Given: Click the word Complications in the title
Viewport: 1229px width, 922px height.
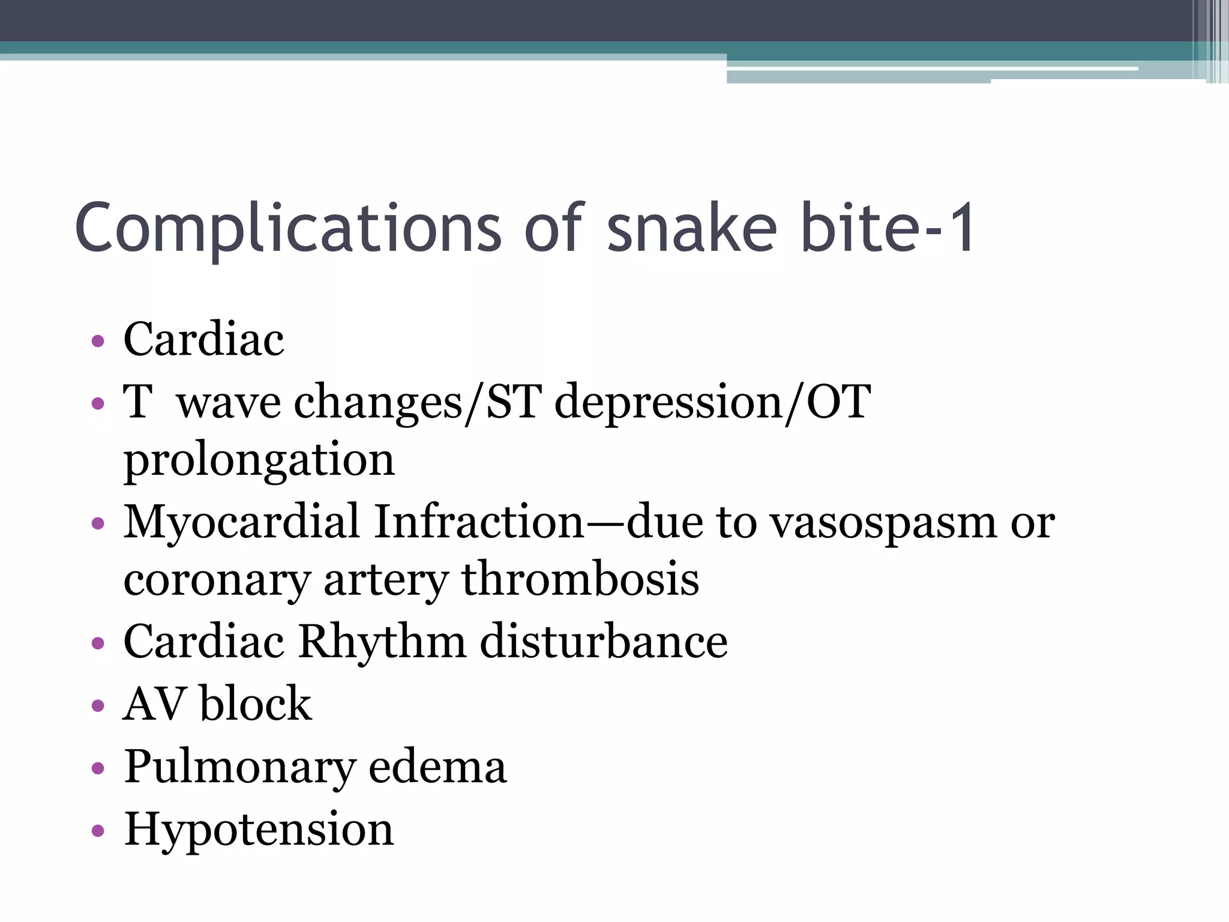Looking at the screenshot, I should coord(287,229).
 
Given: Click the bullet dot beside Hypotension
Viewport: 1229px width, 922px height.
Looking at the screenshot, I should coord(98,831).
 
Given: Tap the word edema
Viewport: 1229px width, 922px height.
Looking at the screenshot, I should coord(437,767).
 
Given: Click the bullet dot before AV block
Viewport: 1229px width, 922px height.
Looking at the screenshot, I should coord(98,705).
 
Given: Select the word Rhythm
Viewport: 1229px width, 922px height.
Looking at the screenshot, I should coord(382,641).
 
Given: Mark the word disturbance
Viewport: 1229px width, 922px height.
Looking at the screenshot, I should coord(604,641).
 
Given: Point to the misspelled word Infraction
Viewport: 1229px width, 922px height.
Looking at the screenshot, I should coord(479,521).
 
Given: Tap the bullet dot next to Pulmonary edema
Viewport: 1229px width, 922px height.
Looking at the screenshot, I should coord(98,768).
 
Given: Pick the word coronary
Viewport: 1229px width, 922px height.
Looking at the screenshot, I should coord(217,580).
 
